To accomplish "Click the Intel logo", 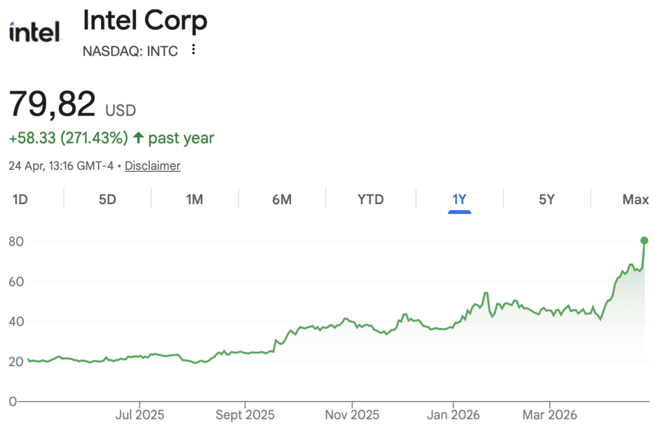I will (x=35, y=31).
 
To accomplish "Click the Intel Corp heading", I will (x=145, y=21).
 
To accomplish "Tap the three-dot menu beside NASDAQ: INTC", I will (x=193, y=50).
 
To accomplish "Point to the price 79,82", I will (x=53, y=104).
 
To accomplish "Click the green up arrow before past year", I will (x=138, y=138).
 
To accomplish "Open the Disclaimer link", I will (x=152, y=166).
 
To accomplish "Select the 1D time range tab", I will (x=20, y=200).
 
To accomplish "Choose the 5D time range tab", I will (x=107, y=200).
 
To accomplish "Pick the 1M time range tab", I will (x=195, y=200).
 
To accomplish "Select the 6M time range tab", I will (x=281, y=200).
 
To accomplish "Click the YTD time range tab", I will (x=371, y=200).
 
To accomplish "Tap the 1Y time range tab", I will (x=459, y=200).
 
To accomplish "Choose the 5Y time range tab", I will (x=547, y=200).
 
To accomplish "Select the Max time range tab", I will (x=635, y=200).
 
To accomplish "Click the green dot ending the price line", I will (x=645, y=240).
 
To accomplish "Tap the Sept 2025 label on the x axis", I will (x=245, y=414).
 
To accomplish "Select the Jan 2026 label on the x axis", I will (x=453, y=414).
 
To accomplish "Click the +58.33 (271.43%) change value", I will (x=68, y=138).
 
